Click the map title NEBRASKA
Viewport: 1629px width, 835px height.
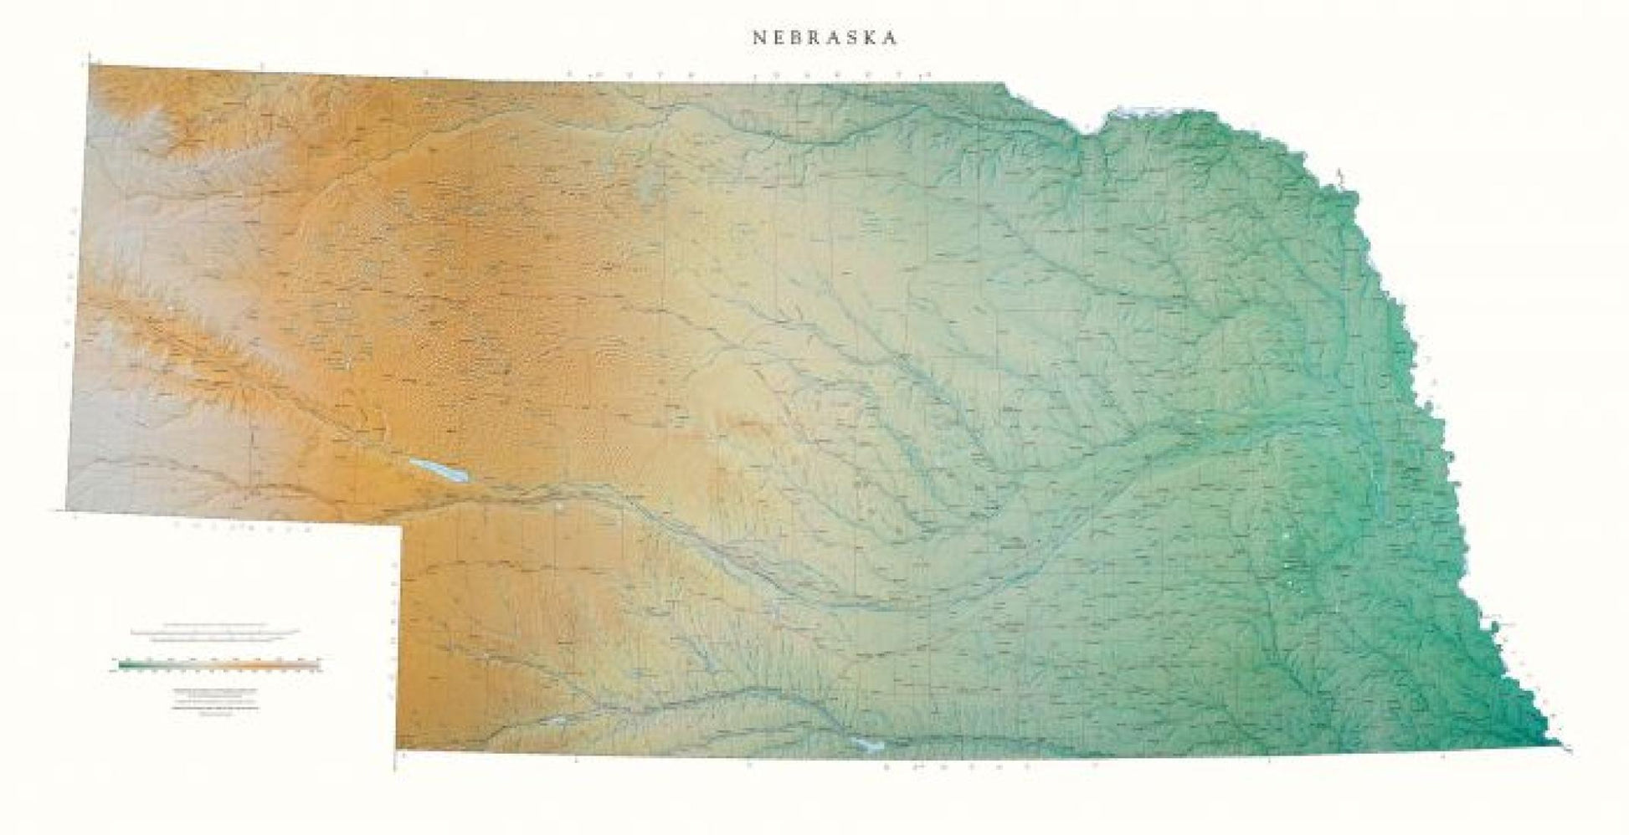pos(825,38)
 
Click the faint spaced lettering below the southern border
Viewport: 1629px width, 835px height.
pos(988,766)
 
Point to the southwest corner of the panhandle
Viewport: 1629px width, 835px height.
pos(67,509)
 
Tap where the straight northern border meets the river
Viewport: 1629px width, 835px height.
pos(1005,83)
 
